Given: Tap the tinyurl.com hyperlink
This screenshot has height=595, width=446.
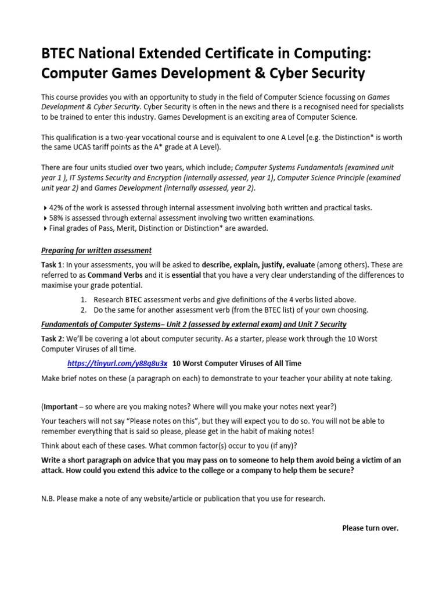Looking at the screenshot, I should [117, 364].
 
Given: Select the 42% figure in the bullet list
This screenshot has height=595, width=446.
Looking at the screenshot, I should [57, 207].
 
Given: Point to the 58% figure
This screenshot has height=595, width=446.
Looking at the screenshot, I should [57, 218].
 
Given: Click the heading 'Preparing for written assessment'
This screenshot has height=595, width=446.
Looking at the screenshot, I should [96, 250].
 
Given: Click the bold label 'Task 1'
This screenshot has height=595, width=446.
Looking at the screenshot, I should [53, 264].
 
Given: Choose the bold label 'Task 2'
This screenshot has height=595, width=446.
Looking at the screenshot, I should [53, 339].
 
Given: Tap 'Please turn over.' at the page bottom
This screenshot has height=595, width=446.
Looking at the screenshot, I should [370, 528].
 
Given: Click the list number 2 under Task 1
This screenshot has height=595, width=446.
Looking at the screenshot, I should [83, 310].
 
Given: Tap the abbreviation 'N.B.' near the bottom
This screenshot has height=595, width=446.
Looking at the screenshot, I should [49, 499].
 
